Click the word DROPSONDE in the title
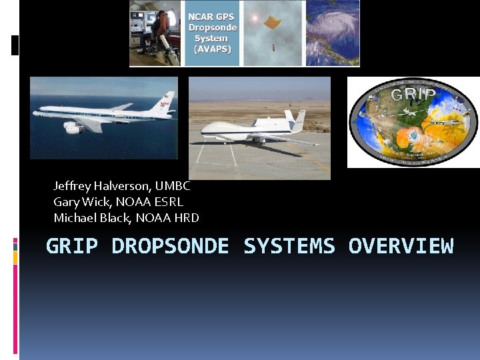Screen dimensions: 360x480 170,246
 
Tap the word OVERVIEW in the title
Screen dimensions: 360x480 401,246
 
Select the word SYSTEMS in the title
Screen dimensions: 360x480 289,246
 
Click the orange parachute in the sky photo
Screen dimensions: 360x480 271,23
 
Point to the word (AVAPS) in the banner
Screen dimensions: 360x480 213,49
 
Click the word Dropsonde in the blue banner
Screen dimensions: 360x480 213,27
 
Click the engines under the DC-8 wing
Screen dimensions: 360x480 73,127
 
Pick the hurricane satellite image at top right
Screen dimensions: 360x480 333,32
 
